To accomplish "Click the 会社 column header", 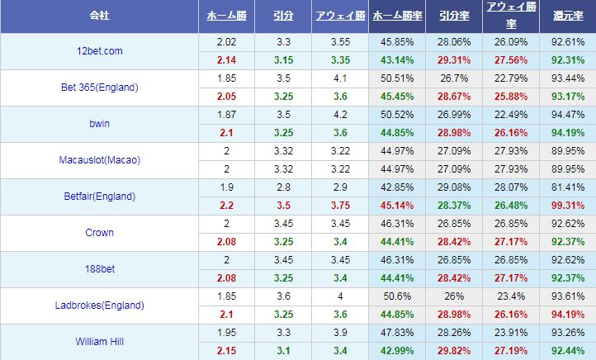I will [98, 17].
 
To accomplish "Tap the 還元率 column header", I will [567, 17].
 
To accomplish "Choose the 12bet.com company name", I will [98, 51].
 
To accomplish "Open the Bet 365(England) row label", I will [98, 88].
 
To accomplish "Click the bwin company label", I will [98, 124].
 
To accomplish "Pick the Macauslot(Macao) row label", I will [98, 160].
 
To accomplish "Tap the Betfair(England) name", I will [98, 197].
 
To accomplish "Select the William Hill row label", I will [98, 342].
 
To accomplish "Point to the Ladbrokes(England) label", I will [98, 306].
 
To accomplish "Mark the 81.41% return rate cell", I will [567, 187].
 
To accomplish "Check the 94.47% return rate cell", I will [567, 115].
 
